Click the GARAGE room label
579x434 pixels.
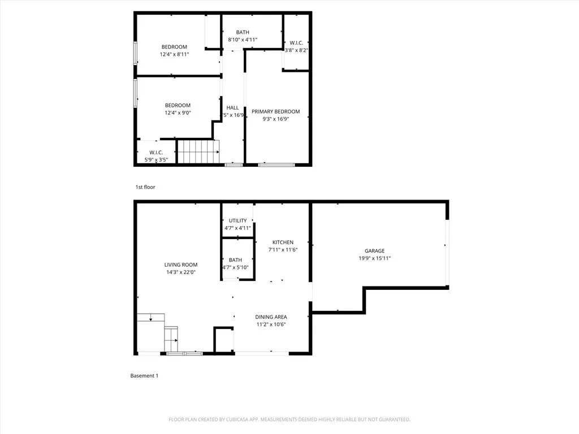coord(374,251)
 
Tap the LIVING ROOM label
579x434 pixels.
coord(181,264)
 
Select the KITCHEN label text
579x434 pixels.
coord(283,242)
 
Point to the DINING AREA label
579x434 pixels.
coord(271,317)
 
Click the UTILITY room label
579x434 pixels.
coord(237,220)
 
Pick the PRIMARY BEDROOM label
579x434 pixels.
coord(276,111)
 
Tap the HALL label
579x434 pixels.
coord(232,107)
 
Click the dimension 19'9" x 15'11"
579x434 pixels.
coord(374,258)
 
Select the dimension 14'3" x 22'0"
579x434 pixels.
coord(181,272)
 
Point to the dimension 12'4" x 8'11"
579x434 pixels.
coord(174,54)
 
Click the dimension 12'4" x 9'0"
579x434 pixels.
coord(178,112)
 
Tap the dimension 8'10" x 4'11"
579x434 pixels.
coord(243,40)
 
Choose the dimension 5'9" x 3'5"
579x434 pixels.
coord(156,159)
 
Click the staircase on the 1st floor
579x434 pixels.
coord(197,151)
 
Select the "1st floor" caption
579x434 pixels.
coord(145,187)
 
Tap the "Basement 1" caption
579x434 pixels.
coord(144,376)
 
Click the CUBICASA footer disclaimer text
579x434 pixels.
coord(289,419)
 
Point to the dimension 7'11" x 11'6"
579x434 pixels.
coord(283,250)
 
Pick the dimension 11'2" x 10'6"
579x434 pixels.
coord(271,324)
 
